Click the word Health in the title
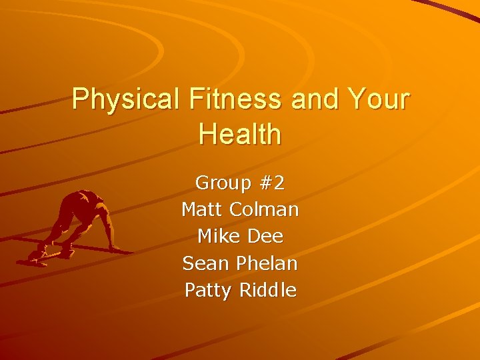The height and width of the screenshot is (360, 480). (x=240, y=134)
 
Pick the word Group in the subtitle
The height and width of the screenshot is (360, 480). (x=221, y=183)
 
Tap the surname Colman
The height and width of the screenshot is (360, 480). (x=264, y=209)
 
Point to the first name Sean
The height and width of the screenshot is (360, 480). (x=205, y=263)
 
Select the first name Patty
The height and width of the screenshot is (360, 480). (x=207, y=291)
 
